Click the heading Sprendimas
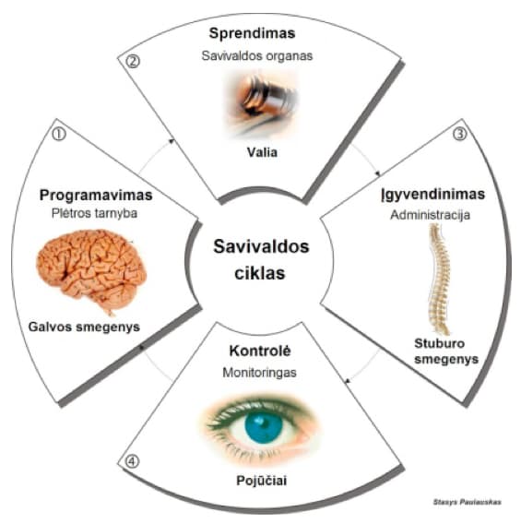252,34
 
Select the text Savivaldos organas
257,55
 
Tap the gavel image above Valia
259,104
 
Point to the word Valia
262,152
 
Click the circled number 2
133,62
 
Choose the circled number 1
59,134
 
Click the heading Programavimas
96,196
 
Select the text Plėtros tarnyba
94,213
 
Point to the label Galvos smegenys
84,327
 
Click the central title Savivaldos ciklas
261,259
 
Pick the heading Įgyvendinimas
432,195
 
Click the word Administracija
430,215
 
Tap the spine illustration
439,279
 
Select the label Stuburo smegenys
446,351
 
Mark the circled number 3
460,134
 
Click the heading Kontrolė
260,351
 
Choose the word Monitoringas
259,373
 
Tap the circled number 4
132,461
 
